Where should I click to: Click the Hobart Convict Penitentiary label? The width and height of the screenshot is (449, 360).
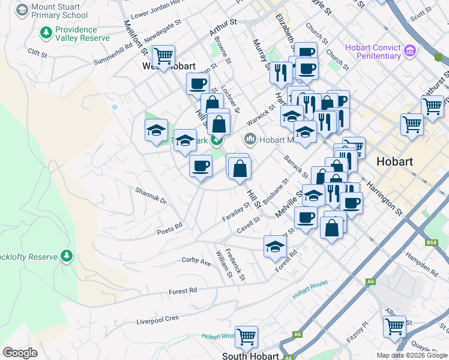tap(373, 52)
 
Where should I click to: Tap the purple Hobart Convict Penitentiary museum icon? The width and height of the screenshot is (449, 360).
tap(411, 50)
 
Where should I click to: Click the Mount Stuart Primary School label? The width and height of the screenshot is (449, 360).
tap(60, 11)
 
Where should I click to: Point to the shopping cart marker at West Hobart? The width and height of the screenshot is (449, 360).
tap(163, 57)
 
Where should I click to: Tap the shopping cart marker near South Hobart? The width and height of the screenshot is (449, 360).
tap(246, 337)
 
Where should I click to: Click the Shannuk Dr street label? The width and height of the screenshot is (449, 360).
tap(151, 196)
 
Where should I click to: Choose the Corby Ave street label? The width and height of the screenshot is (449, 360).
tap(197, 262)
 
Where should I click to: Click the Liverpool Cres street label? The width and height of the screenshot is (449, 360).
tap(158, 319)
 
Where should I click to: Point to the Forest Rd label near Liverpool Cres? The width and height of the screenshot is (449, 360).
tap(183, 291)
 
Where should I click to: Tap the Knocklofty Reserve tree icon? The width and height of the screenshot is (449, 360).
tap(66, 257)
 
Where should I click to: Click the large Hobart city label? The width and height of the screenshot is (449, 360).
tap(394, 162)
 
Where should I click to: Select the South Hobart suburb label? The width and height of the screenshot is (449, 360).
tap(250, 356)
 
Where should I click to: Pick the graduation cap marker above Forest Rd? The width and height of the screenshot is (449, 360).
tap(275, 246)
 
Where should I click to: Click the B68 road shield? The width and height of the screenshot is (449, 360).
tap(431, 242)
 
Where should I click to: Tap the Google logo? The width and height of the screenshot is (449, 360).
tap(20, 353)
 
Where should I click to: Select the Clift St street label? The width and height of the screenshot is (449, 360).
tap(37, 52)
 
